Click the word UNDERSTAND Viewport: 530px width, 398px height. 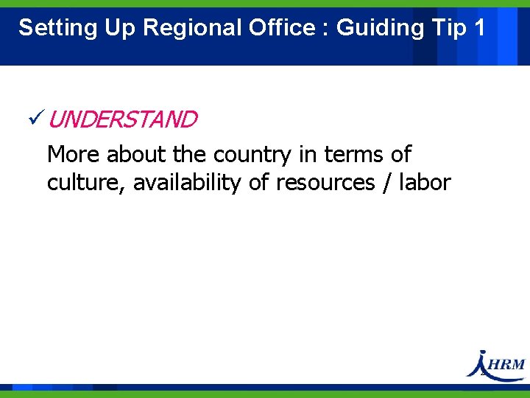124,119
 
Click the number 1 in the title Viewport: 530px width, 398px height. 480,28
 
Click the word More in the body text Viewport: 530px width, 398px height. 74,155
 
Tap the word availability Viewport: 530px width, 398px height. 187,182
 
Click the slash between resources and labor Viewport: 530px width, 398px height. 386,183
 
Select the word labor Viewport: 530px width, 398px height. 424,182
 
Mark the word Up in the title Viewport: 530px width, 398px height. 119,28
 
